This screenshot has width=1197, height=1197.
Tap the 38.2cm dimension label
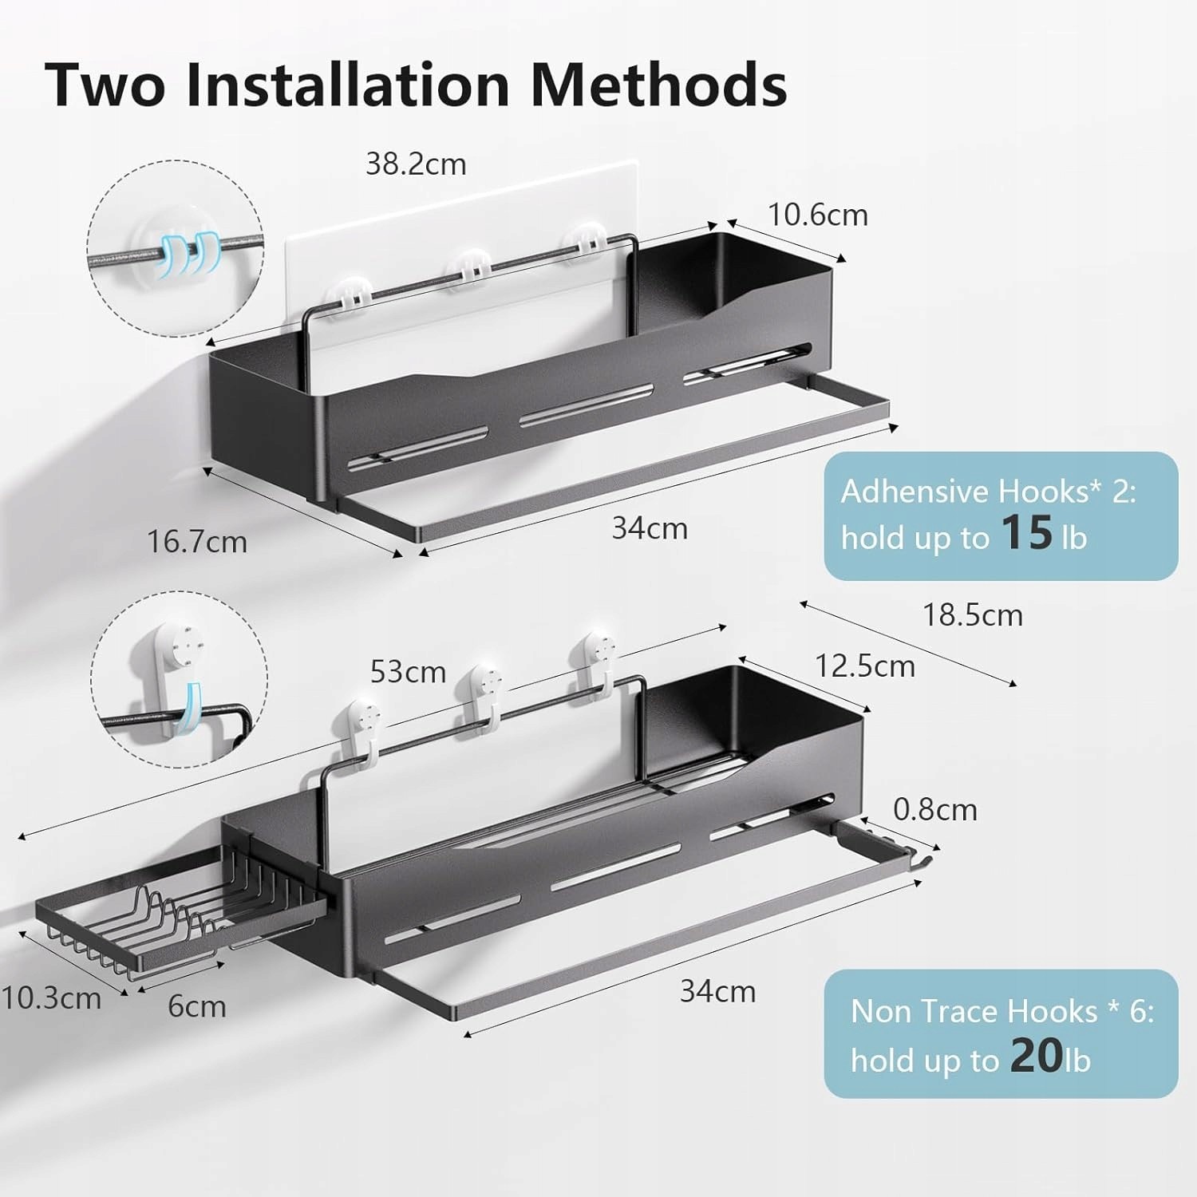416,164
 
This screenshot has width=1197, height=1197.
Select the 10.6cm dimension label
818,215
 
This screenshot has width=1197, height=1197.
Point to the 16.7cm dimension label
197,542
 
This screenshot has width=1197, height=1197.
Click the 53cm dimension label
408,672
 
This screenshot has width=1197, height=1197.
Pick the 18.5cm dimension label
973,615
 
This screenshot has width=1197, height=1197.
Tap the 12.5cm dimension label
865,666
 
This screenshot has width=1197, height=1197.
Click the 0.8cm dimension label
935,809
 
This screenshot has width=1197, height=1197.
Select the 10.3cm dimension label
51,998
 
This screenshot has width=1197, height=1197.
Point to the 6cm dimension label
197,1006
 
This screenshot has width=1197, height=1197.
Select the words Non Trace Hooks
974,1011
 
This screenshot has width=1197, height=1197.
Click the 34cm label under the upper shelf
650,528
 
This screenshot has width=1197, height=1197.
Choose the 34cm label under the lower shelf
717,991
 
